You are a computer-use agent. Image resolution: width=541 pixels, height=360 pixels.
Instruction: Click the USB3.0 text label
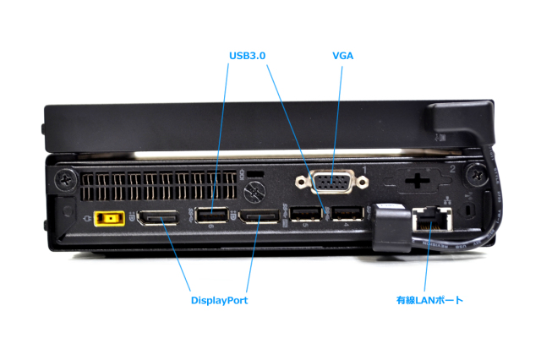[x=248, y=55]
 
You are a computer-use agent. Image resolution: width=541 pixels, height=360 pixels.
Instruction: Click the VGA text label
[x=343, y=55]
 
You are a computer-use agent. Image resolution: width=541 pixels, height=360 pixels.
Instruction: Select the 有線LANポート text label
[x=430, y=299]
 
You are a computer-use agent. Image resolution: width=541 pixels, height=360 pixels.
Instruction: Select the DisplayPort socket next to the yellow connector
[x=157, y=219]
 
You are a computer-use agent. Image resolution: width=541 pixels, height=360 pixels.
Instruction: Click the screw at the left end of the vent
[x=65, y=179]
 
